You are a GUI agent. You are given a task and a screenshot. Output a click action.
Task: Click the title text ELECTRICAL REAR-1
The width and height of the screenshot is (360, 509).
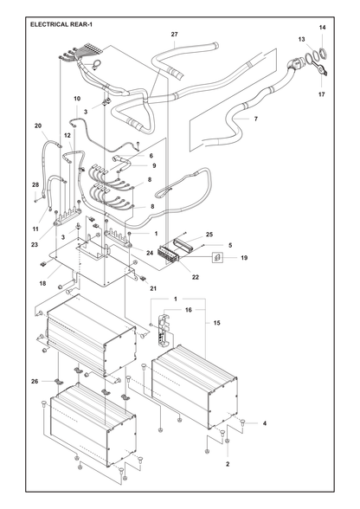[61, 24]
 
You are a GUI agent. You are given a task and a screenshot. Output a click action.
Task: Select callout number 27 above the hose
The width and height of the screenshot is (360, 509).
[174, 34]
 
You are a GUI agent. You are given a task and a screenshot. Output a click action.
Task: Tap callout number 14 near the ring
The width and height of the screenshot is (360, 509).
[322, 28]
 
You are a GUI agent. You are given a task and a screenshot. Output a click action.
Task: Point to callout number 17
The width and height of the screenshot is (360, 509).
[321, 94]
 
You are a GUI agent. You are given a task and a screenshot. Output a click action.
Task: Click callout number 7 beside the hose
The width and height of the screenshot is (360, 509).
[256, 119]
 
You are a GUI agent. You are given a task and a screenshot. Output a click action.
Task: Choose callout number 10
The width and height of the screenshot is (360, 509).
[77, 99]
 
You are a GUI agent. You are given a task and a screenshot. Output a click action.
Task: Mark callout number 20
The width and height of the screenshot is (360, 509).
[38, 126]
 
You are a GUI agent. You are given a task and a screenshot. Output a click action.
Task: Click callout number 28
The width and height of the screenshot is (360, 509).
[35, 184]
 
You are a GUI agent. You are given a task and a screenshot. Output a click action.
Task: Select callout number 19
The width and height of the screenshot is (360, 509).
[244, 258]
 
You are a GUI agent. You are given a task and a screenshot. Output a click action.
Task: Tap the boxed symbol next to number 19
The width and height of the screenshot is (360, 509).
[217, 258]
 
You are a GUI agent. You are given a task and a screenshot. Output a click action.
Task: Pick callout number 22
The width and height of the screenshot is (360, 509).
[195, 277]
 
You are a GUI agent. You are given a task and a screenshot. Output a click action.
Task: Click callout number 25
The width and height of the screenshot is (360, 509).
[209, 235]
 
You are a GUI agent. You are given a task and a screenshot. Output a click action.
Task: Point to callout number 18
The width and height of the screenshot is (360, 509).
[43, 283]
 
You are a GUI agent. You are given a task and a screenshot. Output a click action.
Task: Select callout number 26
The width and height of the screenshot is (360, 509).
[35, 382]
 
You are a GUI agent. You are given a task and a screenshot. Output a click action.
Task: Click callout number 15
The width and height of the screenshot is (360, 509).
[217, 323]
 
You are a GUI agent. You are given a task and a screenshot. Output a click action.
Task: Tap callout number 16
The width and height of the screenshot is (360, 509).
[189, 310]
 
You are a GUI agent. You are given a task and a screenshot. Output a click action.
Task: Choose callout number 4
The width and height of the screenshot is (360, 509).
[265, 423]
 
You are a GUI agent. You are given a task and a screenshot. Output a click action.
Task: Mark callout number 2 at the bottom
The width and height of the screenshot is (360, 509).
[228, 464]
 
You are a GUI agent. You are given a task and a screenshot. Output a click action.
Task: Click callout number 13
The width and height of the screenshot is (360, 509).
[301, 39]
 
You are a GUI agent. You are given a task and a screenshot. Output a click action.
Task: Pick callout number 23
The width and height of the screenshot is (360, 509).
[35, 245]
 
